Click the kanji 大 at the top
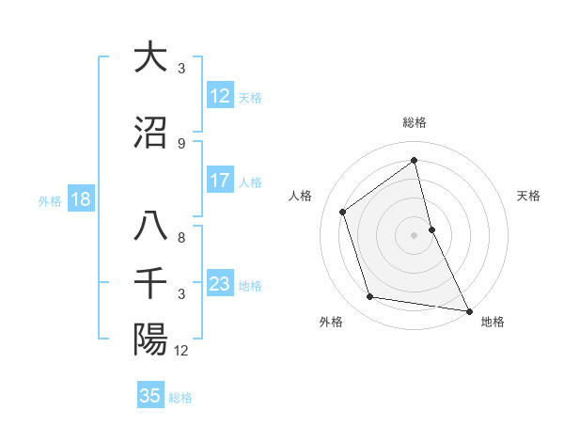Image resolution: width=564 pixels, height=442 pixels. point(150,57)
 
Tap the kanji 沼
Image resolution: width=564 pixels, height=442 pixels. point(150,133)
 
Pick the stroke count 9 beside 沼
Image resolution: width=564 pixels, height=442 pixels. point(180,143)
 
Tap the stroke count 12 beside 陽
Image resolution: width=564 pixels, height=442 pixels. point(181,351)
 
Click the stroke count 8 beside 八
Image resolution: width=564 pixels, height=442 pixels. point(180,238)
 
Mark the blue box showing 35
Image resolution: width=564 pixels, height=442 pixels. point(150,396)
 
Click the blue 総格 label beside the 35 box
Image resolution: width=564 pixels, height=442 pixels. point(180,398)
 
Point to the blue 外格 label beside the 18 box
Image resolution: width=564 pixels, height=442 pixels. point(50,200)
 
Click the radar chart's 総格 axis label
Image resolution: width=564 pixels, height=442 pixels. point(415,122)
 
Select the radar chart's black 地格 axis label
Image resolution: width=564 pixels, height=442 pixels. point(493,322)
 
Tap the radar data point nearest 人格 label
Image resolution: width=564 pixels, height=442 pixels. point(343,212)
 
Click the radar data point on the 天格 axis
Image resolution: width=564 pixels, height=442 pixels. point(431,229)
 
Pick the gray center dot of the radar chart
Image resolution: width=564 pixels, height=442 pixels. point(415,234)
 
